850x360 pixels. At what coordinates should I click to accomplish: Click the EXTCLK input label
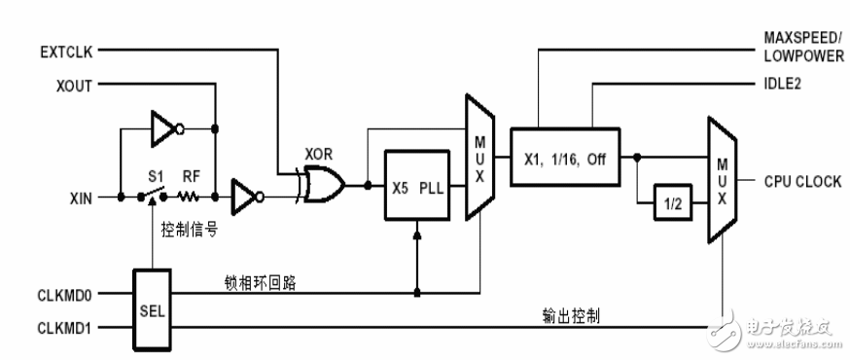[65, 48]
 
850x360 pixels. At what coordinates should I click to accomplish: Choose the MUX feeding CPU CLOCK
[721, 181]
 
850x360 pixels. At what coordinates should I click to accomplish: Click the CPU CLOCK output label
[787, 182]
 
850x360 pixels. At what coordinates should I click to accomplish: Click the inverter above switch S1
[167, 125]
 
